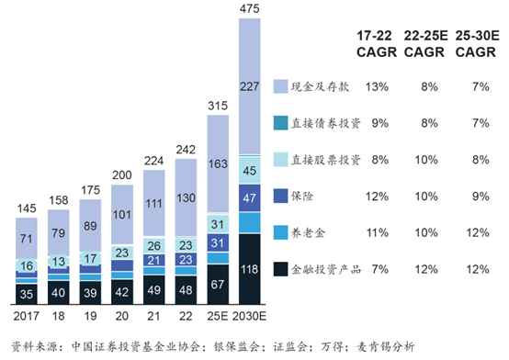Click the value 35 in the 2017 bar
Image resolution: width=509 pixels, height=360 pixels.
[x=27, y=294]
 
